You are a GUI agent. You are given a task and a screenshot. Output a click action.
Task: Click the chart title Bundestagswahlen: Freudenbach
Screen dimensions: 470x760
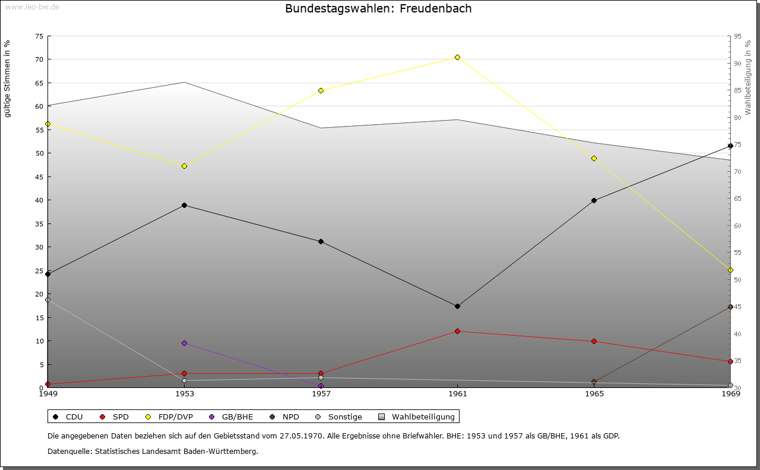pos(378,9)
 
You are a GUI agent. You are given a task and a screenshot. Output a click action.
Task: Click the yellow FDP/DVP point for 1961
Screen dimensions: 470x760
pos(457,57)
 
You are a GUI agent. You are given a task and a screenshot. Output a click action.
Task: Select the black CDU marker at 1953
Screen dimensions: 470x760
pos(184,206)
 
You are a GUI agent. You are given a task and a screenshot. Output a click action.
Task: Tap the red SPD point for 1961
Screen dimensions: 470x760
pos(457,331)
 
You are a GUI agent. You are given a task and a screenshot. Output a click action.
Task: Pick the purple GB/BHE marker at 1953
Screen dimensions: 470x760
pos(184,343)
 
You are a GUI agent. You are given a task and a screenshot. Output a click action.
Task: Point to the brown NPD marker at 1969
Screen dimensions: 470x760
pos(730,307)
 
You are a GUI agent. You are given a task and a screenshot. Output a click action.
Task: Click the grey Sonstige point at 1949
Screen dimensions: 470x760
pos(48,299)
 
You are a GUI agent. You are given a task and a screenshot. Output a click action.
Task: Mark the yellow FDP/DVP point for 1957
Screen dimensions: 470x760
pos(321,90)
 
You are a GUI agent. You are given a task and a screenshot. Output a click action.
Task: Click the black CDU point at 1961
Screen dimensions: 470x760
pos(457,307)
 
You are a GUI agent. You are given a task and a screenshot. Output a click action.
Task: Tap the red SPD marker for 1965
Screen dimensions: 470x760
pos(594,341)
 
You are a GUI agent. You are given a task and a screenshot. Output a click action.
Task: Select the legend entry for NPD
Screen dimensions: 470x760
pos(285,417)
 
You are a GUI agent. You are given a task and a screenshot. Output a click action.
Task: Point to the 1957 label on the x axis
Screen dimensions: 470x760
pos(321,393)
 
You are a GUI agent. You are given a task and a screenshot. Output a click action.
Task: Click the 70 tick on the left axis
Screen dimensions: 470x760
pos(39,59)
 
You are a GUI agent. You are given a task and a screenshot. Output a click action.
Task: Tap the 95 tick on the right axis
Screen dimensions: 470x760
pos(737,36)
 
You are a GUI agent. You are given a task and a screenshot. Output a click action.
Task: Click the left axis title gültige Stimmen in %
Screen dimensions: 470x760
pos(8,78)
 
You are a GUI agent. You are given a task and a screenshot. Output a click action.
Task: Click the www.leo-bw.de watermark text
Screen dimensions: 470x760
pos(31,7)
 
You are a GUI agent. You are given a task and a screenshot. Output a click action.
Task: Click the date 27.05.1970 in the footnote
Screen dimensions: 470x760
pos(301,436)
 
